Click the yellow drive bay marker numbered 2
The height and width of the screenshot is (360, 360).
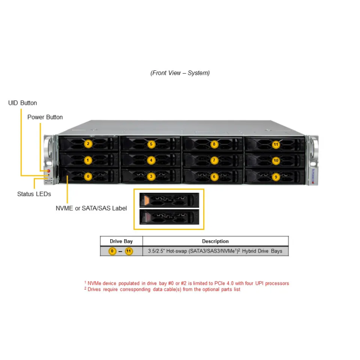click(88, 144)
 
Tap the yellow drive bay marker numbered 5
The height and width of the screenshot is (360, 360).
click(151, 144)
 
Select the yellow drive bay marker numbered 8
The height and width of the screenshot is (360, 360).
click(214, 144)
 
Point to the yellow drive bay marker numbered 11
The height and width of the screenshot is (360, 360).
click(276, 145)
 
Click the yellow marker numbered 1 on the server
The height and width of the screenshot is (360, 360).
click(88, 160)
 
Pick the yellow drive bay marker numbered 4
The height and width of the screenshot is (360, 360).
click(151, 161)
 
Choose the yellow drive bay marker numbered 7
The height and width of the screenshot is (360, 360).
click(214, 161)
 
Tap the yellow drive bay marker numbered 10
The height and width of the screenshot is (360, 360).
click(276, 161)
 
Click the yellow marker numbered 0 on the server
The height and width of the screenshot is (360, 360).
click(88, 177)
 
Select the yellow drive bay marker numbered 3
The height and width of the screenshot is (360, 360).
click(151, 177)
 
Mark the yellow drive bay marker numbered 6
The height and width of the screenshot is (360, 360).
click(214, 177)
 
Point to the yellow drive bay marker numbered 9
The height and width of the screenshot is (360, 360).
click(276, 177)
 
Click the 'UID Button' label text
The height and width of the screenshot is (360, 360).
click(23, 103)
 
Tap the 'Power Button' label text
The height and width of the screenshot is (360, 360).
click(45, 117)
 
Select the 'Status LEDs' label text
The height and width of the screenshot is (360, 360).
click(34, 194)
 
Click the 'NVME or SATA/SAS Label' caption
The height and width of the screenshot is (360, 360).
click(91, 208)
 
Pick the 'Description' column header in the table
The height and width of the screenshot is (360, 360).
click(215, 241)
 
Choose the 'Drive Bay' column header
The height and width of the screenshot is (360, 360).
click(121, 241)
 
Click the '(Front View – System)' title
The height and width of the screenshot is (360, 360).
click(180, 73)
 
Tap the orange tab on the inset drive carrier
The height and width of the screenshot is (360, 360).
click(146, 200)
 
